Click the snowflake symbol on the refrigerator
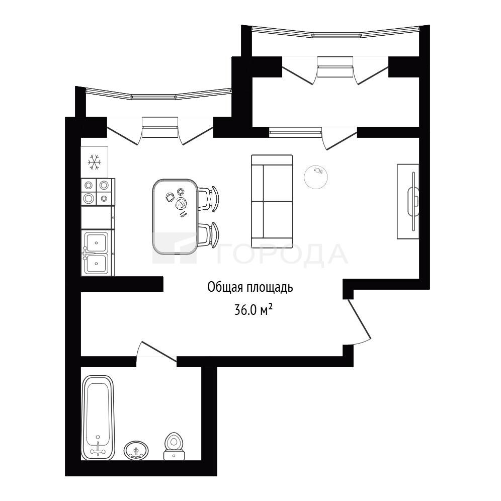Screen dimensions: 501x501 point(94,162)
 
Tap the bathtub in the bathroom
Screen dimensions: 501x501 point(98,418)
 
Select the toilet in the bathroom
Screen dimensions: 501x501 point(174,446)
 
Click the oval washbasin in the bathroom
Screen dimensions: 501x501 point(136,451)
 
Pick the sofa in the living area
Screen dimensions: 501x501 point(272,201)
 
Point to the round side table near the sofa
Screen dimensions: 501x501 point(316,177)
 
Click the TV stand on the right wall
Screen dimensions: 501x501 point(408,201)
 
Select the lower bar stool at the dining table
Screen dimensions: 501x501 point(208,234)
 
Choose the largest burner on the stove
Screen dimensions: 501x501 point(88,198)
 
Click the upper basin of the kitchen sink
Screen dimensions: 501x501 point(96,243)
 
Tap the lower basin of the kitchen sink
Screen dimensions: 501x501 point(96,264)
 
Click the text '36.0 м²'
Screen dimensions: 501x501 point(254,310)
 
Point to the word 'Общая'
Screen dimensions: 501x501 point(225,287)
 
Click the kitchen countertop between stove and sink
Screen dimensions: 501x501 point(98,218)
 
